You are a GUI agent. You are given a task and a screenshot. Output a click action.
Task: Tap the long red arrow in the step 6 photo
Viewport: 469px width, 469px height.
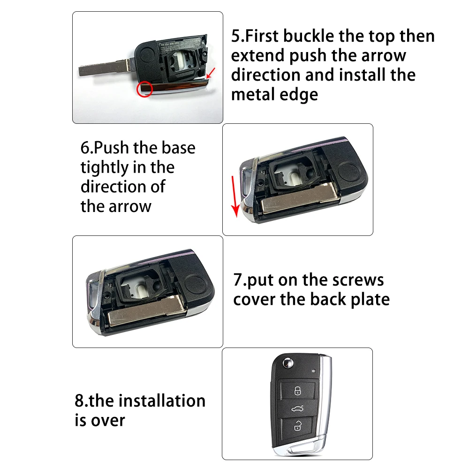coord(235,197)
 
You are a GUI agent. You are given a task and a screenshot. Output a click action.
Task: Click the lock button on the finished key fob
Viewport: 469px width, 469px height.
coord(298,390)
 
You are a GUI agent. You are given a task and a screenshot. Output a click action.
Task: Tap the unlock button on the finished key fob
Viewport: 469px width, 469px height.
coord(297,426)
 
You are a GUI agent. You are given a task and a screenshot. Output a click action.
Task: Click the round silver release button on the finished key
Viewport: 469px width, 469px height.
coord(288,364)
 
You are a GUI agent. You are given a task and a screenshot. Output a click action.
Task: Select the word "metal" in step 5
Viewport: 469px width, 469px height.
coord(253,95)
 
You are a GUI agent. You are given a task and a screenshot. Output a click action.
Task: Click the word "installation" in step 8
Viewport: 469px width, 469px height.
coord(162,401)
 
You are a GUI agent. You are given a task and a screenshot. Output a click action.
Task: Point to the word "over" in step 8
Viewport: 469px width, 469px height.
coord(108,421)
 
